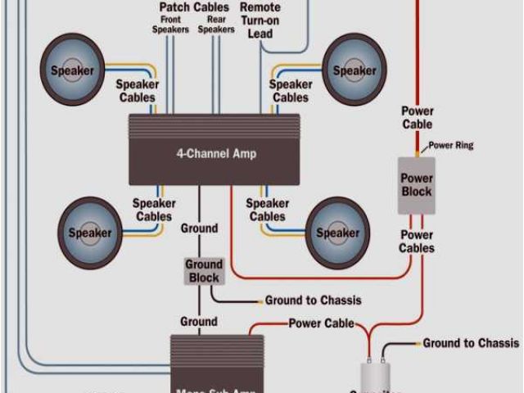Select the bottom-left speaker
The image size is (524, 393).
(89, 233)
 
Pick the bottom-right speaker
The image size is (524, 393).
(337, 233)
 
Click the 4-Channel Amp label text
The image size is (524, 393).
(215, 153)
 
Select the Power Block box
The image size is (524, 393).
(416, 185)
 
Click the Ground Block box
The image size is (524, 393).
(204, 271)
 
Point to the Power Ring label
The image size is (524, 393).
(451, 146)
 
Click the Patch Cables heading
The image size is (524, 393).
(194, 7)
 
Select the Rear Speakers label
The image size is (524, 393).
(216, 25)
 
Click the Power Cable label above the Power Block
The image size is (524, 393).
(417, 118)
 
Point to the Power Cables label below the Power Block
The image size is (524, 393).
(417, 242)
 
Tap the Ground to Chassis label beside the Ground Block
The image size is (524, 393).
(313, 300)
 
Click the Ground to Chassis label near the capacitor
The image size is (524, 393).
(470, 343)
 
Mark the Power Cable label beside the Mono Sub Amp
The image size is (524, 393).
(321, 323)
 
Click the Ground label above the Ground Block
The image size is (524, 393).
(199, 228)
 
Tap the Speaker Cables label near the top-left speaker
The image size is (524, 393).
(137, 91)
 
